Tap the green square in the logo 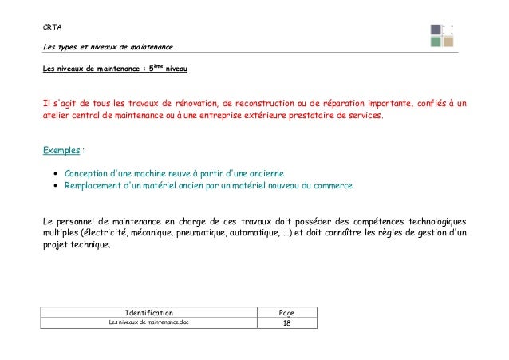[x=436, y=42]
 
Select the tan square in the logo [x=448, y=42]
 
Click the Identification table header [x=149, y=312]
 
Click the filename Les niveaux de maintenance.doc [x=149, y=322]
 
